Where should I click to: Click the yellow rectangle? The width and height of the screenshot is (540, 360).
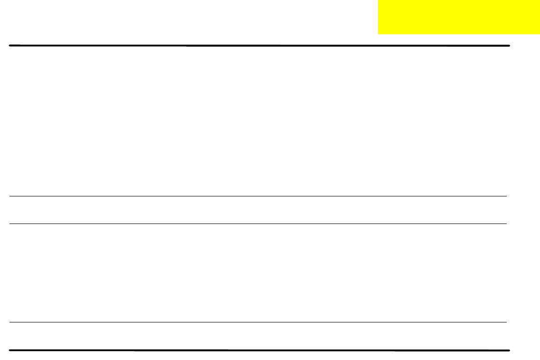coord(459,17)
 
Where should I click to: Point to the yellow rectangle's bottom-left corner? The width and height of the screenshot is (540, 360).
coord(378,34)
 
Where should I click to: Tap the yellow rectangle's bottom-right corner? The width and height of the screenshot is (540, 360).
coord(540,34)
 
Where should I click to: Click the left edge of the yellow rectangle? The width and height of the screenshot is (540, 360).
coord(378,17)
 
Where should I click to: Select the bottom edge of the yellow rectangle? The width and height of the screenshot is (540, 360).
coord(459,34)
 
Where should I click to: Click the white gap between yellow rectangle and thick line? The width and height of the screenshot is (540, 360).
coord(442,40)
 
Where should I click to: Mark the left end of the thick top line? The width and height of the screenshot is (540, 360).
coord(10,46)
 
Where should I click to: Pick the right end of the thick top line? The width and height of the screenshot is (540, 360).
coord(510,46)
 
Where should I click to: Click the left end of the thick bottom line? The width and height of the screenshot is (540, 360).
coord(10,350)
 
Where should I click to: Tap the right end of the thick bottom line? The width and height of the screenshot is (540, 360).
coord(510,350)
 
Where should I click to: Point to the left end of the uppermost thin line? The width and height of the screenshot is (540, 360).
coord(10,196)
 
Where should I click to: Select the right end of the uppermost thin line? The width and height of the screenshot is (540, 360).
coord(506,196)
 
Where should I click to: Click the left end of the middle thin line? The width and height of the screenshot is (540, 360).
coord(10,224)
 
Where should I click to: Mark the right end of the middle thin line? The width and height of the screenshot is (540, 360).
coord(506,224)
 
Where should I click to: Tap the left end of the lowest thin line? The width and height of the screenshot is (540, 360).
coord(10,322)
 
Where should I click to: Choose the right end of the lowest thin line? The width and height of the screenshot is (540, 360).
coord(506,322)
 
